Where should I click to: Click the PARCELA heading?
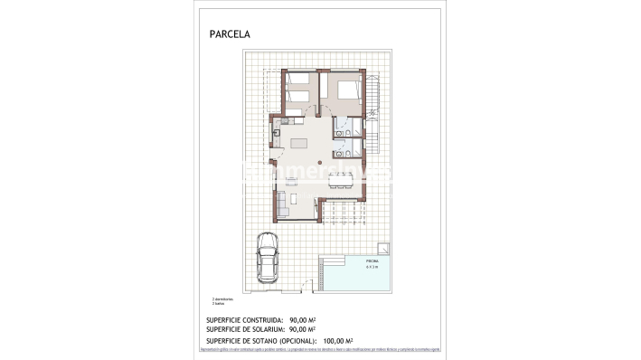(x=230, y=34)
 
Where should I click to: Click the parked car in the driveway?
(x=268, y=256)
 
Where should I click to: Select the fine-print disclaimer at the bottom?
(x=320, y=350)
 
